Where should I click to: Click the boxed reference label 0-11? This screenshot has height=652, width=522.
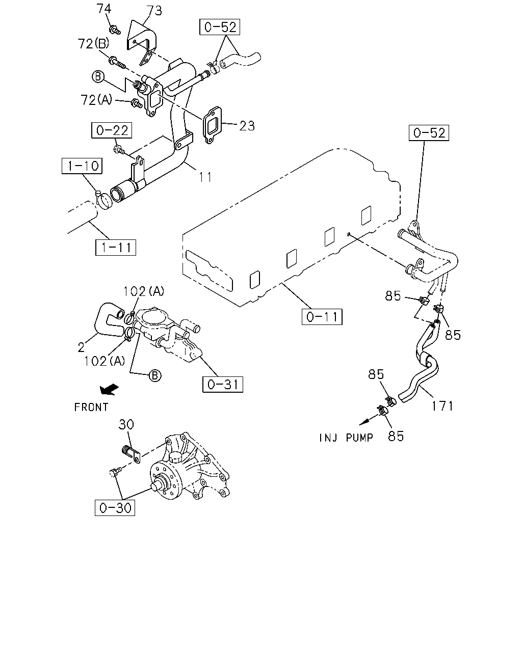pyautogui.click(x=322, y=317)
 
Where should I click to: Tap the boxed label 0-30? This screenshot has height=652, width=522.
pyautogui.click(x=115, y=508)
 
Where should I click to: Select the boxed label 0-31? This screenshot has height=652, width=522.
pyautogui.click(x=223, y=385)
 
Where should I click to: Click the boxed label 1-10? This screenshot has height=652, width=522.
pyautogui.click(x=82, y=166)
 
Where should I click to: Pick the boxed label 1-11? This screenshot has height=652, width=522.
pyautogui.click(x=116, y=248)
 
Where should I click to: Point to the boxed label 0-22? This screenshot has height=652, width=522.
pyautogui.click(x=112, y=130)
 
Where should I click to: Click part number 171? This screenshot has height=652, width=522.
pyautogui.click(x=442, y=406)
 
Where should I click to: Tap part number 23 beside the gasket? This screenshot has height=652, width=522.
pyautogui.click(x=247, y=126)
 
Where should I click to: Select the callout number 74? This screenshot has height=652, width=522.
pyautogui.click(x=104, y=9)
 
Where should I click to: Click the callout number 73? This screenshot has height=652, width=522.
pyautogui.click(x=154, y=11)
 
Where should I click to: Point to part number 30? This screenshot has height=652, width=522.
pyautogui.click(x=126, y=424)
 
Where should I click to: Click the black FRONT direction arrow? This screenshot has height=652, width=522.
pyautogui.click(x=109, y=389)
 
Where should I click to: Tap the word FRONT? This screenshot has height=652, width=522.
pyautogui.click(x=91, y=407)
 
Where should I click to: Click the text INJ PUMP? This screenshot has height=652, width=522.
pyautogui.click(x=346, y=438)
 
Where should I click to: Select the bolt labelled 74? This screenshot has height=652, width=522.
pyautogui.click(x=115, y=30)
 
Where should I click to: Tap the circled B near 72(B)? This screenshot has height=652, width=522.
pyautogui.click(x=98, y=76)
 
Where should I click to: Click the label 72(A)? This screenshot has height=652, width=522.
pyautogui.click(x=96, y=100)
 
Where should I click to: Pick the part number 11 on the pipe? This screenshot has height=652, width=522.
pyautogui.click(x=205, y=177)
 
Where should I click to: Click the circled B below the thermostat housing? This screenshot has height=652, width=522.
pyautogui.click(x=155, y=376)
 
